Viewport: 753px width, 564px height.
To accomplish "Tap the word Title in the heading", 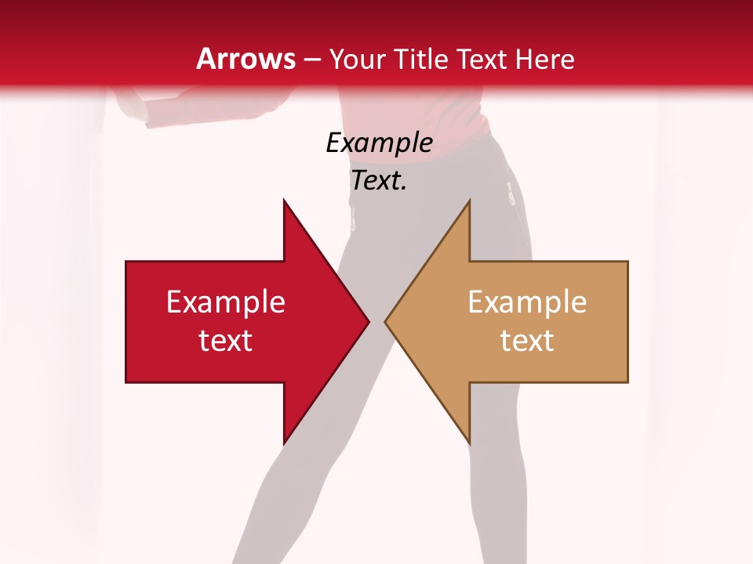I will (x=422, y=59).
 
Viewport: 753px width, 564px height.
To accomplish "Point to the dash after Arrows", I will (x=312, y=60).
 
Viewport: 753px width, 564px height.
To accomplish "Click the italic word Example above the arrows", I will (x=379, y=143).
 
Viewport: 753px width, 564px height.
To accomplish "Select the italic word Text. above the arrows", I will (x=379, y=181).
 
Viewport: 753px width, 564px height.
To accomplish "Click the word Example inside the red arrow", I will (x=226, y=302).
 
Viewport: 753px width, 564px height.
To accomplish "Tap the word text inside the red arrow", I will (x=226, y=341).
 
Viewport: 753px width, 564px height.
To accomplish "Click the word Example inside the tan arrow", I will (x=527, y=302).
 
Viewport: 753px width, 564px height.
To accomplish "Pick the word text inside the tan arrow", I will (x=527, y=341).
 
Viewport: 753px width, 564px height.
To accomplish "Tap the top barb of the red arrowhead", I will (x=286, y=205).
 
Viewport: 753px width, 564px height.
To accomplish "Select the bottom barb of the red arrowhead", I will (x=286, y=439).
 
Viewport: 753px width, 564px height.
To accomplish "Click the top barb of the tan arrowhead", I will (x=467, y=205).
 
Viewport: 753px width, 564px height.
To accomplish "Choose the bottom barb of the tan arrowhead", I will (x=467, y=439).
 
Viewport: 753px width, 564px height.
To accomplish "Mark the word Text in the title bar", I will (x=482, y=59).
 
